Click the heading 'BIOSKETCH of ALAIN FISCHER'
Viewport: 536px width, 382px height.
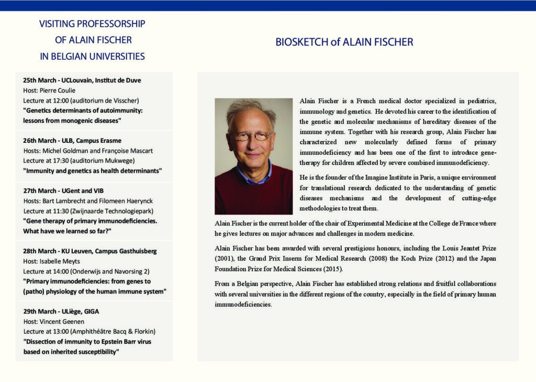(x=344, y=42)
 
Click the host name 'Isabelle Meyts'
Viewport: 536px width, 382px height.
(x=61, y=261)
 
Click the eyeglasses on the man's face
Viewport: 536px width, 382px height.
(x=253, y=136)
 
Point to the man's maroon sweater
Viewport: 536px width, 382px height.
(x=254, y=194)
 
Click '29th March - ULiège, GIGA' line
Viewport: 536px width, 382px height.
(x=61, y=311)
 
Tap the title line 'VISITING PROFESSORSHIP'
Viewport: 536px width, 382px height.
(x=92, y=24)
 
